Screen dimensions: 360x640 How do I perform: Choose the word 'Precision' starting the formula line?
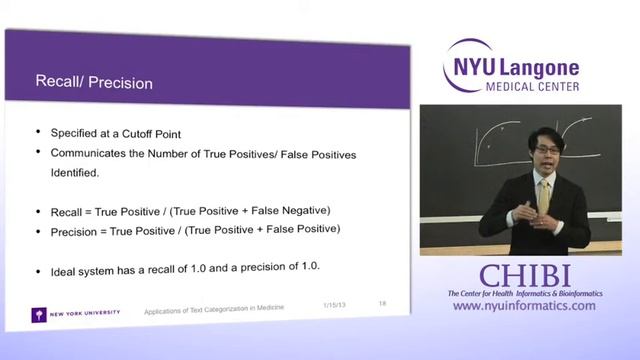coord(74,230)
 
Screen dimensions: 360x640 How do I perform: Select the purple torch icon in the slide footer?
coord(37,313)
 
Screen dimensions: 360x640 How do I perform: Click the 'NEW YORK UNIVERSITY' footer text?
coord(85,313)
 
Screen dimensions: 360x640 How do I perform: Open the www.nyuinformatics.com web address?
coord(523,306)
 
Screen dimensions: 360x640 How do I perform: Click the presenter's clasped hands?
coord(540,217)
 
